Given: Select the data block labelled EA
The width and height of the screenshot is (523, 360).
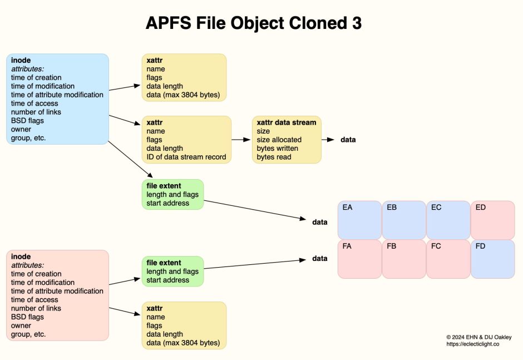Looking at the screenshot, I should point(359,220).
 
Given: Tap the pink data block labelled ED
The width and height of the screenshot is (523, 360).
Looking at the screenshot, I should point(492,220).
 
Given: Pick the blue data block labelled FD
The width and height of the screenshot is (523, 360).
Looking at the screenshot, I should point(492,259).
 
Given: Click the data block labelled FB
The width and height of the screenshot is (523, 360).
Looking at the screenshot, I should point(404,259).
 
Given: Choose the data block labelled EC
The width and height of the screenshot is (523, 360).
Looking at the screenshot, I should point(448,220).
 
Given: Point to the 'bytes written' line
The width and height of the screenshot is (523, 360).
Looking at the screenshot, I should point(277,149).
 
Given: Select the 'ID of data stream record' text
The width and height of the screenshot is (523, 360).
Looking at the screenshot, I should point(186,157).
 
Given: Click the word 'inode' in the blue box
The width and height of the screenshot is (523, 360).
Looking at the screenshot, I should point(21,60).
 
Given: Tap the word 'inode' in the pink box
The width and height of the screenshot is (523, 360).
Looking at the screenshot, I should point(21,257).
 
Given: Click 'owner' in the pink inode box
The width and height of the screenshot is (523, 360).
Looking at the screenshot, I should point(21,326).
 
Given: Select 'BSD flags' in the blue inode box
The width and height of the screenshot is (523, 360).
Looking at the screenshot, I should point(27,120).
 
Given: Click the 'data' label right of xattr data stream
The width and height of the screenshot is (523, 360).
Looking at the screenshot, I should point(348,140).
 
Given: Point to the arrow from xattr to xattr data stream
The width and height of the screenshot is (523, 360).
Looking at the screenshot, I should point(241,140).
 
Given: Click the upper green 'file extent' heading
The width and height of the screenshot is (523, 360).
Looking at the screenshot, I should point(164,185).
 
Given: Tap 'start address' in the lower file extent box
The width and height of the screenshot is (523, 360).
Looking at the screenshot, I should point(167,280).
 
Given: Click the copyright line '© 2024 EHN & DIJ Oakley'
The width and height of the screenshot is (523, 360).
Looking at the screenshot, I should point(478,337).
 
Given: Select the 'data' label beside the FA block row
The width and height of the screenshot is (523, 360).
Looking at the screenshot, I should point(319,258).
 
